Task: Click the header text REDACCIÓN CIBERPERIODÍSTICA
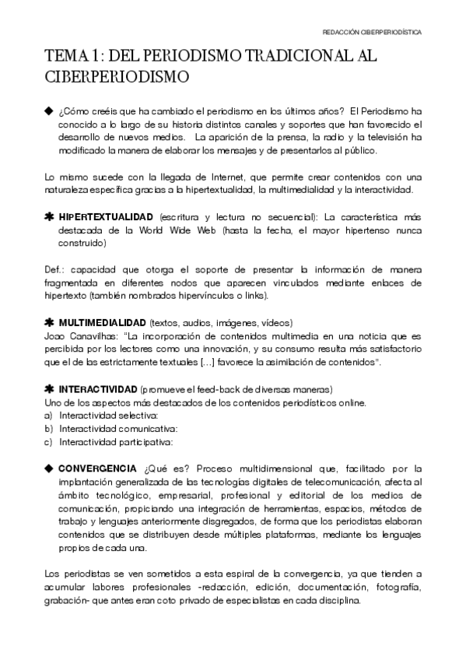(x=372, y=33)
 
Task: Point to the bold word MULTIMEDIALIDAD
(x=103, y=321)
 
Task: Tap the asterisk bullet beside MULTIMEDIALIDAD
(x=49, y=321)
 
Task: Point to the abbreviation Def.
(x=54, y=269)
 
